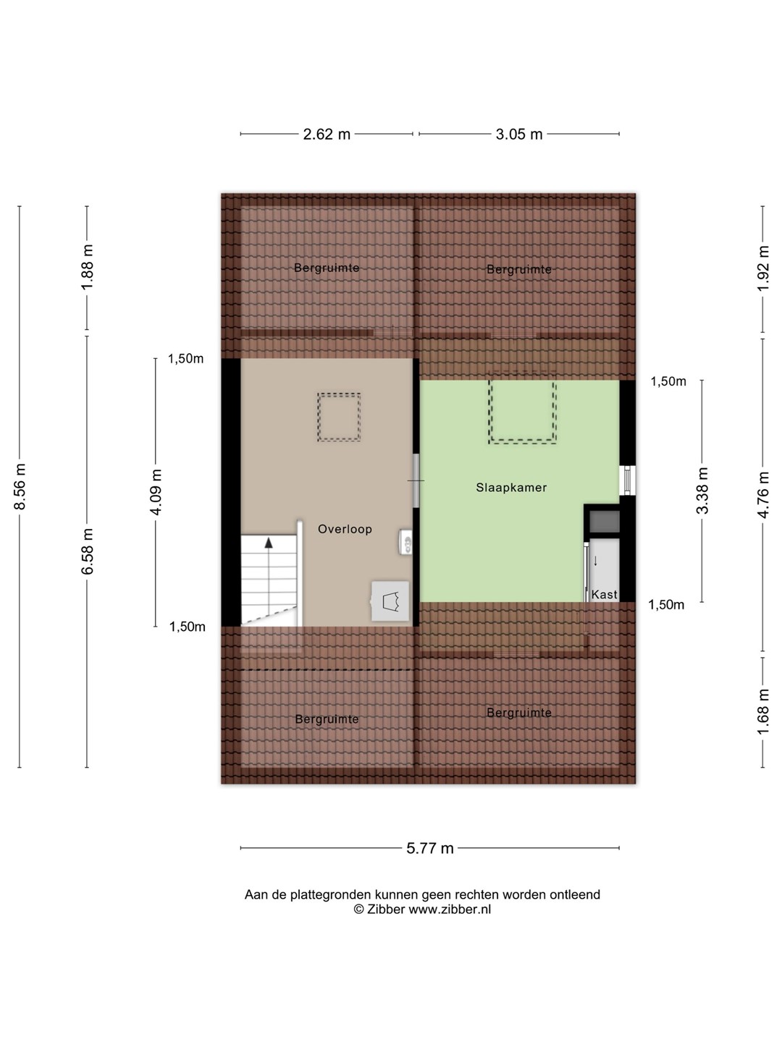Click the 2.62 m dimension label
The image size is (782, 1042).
[x=327, y=135]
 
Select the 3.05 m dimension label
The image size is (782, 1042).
[x=519, y=135]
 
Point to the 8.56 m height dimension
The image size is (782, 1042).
[x=20, y=486]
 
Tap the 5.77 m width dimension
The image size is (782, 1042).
[x=429, y=848]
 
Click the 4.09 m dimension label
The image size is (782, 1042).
[x=156, y=492]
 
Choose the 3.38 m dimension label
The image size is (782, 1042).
[x=702, y=491]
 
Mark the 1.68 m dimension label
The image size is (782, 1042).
[x=762, y=712]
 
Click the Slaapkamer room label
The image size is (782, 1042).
[x=511, y=488]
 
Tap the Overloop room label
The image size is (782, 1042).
[x=345, y=529]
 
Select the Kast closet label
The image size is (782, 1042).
[x=604, y=594]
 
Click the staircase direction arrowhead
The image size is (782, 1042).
[x=269, y=542]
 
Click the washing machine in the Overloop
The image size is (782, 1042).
[x=390, y=601]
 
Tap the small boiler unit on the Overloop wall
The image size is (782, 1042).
[x=405, y=542]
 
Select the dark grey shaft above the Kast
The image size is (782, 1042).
[x=604, y=522]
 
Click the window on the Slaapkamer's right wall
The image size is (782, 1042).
[x=627, y=480]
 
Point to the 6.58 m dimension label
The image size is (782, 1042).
[x=88, y=551]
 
